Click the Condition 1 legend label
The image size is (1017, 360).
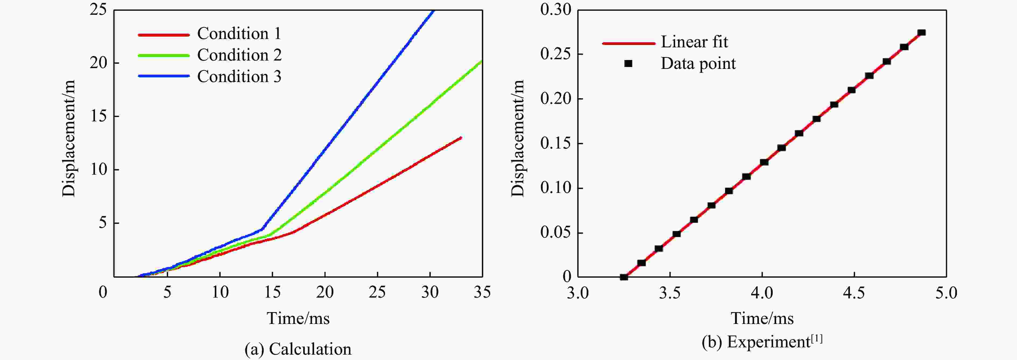[239, 34]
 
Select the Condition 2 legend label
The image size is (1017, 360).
[239, 55]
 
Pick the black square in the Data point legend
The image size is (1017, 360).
[628, 63]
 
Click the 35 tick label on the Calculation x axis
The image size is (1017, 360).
[482, 292]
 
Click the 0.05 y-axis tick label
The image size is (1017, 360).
[556, 232]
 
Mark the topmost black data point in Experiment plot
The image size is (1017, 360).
[921, 32]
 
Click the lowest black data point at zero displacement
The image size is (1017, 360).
[624, 277]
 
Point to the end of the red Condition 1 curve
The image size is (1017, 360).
[460, 138]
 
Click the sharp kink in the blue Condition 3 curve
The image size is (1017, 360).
[262, 229]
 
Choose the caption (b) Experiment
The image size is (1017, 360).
[762, 342]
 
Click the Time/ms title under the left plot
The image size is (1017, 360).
[298, 318]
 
